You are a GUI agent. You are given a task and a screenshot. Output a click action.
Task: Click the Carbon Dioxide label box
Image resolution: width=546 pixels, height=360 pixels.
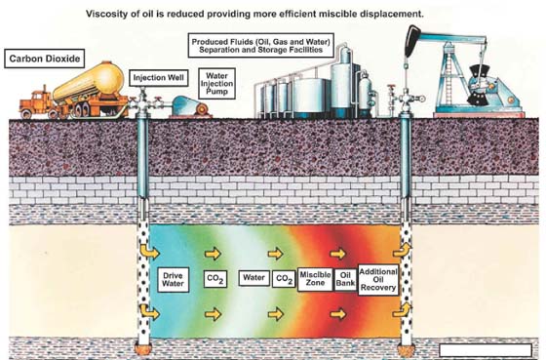click(44, 59)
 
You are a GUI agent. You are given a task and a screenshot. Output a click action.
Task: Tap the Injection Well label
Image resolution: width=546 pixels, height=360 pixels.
click(158, 78)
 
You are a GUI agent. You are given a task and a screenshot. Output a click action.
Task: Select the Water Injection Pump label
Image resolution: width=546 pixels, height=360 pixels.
click(216, 84)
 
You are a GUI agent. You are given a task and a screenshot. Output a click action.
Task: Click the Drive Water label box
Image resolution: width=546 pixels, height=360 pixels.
click(173, 279)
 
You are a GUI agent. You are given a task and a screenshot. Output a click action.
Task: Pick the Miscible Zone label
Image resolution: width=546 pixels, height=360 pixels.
click(315, 279)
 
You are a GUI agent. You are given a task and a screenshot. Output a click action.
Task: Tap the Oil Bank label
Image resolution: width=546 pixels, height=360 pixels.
click(345, 279)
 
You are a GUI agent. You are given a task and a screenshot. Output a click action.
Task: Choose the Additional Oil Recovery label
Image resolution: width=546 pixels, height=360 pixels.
click(378, 280)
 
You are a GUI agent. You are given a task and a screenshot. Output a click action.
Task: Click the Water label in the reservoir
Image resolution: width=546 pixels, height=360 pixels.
click(253, 278)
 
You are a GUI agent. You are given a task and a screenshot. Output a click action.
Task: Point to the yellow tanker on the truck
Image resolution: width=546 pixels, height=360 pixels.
click(89, 82)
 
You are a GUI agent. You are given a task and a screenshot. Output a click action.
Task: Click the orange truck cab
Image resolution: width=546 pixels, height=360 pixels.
click(34, 102)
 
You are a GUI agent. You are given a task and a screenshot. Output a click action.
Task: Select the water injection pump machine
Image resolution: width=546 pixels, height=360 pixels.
click(190, 106)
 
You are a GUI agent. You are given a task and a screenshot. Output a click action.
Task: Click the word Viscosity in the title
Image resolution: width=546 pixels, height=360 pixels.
click(102, 15)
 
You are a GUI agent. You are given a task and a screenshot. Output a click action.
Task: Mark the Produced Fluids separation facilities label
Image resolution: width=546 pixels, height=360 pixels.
click(261, 46)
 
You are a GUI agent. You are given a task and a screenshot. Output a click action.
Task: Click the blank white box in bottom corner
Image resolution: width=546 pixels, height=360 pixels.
click(486, 350)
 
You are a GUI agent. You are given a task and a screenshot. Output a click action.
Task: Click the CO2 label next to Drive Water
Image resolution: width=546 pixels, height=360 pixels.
click(215, 279)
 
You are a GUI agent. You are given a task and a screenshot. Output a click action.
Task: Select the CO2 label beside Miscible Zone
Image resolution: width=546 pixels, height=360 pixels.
click(284, 279)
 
